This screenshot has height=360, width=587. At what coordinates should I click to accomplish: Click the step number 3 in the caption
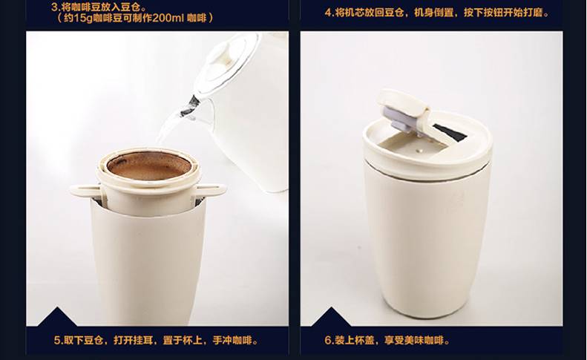[54, 7]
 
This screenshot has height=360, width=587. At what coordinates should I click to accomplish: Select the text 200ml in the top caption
[168, 18]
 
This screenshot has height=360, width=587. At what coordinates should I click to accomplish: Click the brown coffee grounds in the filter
[149, 165]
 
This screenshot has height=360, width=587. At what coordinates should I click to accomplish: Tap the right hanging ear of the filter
[212, 190]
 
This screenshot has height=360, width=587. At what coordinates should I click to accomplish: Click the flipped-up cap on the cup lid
[401, 102]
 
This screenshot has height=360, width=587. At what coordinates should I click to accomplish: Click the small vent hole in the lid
[419, 151]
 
